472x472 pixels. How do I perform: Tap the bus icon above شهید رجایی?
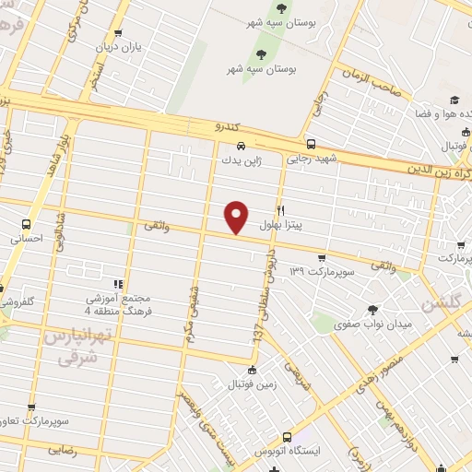pos(311,145)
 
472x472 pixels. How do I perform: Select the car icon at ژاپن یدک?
pos(241,147)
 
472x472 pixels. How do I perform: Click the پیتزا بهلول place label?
pos(279,224)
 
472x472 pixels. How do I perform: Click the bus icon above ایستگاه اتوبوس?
pos(287,437)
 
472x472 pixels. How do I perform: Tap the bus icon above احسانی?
pos(26,224)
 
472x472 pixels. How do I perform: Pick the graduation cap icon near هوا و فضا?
pos(454,100)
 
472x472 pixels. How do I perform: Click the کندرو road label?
pos(201,124)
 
